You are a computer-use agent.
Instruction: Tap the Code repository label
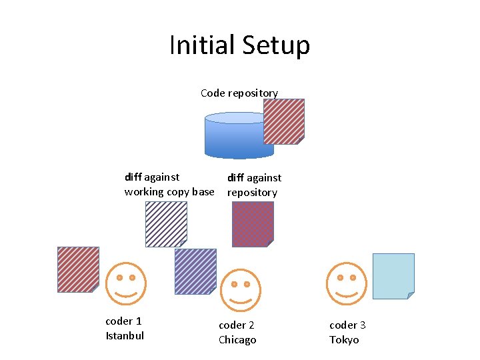pos(239,93)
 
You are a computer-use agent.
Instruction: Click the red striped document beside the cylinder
pos(284,121)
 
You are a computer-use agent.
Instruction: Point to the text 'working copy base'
pos(169,192)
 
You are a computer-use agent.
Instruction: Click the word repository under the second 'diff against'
pos(252,193)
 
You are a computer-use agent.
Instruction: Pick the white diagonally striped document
pos(166,224)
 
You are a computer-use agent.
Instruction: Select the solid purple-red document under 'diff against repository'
pos(253,224)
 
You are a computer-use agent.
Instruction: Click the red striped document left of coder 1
pos(78,269)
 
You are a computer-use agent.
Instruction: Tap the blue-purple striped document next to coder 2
pos(195,271)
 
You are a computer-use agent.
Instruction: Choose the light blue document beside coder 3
pos(393,275)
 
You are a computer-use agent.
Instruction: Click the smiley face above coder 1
pos(126,283)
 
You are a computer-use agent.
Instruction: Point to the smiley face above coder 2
pos(240,290)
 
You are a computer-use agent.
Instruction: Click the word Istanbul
pos(125,335)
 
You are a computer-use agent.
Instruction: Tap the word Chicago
pos(237,340)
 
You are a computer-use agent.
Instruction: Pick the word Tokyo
pos(344,340)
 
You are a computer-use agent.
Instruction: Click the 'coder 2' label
pos(237,325)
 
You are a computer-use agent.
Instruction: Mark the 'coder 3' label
pos(347,325)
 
